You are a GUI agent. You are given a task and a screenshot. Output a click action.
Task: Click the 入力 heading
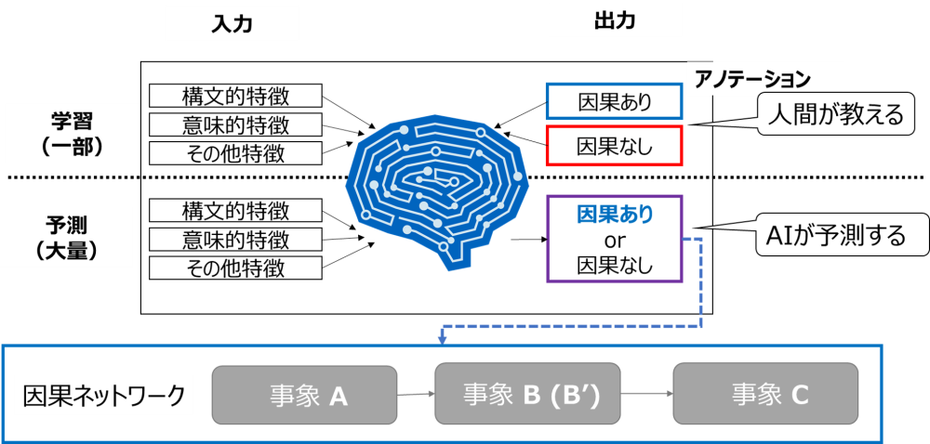pos(232,24)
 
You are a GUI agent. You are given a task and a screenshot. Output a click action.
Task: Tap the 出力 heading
pos(615,20)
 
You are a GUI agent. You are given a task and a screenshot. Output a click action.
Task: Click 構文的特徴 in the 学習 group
pos(235,96)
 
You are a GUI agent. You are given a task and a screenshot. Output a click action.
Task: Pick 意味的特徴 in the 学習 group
pos(235,124)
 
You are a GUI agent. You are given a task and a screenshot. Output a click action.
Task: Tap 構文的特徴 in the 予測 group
pos(235,211)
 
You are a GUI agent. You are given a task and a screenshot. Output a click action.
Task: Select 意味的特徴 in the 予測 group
pos(235,240)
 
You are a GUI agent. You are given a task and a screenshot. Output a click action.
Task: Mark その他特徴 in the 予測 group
pos(235,268)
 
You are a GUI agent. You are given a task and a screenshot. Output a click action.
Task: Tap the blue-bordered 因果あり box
pos(615,102)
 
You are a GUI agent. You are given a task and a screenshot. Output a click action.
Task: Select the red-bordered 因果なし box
pos(615,146)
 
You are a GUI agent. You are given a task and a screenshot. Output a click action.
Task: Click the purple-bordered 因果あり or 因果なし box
pos(615,239)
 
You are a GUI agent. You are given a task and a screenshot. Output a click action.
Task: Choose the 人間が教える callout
pos(831,114)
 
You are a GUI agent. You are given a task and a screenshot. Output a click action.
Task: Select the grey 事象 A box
pos(305,396)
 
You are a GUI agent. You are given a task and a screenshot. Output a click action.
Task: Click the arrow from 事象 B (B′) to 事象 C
pos(646,394)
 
